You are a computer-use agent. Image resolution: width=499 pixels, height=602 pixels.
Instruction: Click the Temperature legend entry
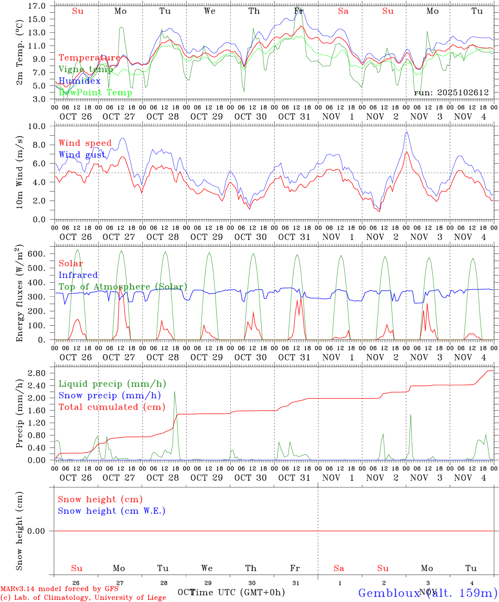89,58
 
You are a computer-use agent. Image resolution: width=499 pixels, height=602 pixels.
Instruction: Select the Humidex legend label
79,81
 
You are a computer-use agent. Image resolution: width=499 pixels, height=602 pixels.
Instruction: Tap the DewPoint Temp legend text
95,93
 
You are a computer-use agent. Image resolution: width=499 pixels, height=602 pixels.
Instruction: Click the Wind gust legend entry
82,155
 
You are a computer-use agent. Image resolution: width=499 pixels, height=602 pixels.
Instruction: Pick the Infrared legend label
78,275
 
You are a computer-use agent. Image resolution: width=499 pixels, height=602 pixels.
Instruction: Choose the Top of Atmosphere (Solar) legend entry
123,287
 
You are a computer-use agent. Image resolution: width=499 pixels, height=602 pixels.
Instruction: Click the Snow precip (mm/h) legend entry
109,395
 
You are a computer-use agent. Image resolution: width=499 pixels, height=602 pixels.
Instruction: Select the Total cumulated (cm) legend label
112,407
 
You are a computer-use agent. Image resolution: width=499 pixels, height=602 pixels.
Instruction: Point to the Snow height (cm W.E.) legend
111,511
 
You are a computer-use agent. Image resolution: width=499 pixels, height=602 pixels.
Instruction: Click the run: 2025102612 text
451,93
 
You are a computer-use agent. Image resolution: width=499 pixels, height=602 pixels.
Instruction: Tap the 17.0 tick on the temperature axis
37,6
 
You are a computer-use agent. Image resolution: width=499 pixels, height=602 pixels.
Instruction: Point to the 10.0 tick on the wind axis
37,126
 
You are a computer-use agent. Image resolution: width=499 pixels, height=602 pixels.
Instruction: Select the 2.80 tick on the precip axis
37,373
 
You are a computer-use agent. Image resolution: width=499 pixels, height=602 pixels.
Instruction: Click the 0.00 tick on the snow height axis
37,531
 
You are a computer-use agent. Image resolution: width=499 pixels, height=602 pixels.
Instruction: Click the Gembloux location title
428,593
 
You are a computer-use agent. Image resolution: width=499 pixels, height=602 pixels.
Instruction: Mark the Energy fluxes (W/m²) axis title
19,294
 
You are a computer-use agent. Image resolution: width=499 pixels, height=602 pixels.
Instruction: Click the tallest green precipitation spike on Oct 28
175,392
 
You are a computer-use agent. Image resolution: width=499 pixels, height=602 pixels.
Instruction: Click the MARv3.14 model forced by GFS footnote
59,589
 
